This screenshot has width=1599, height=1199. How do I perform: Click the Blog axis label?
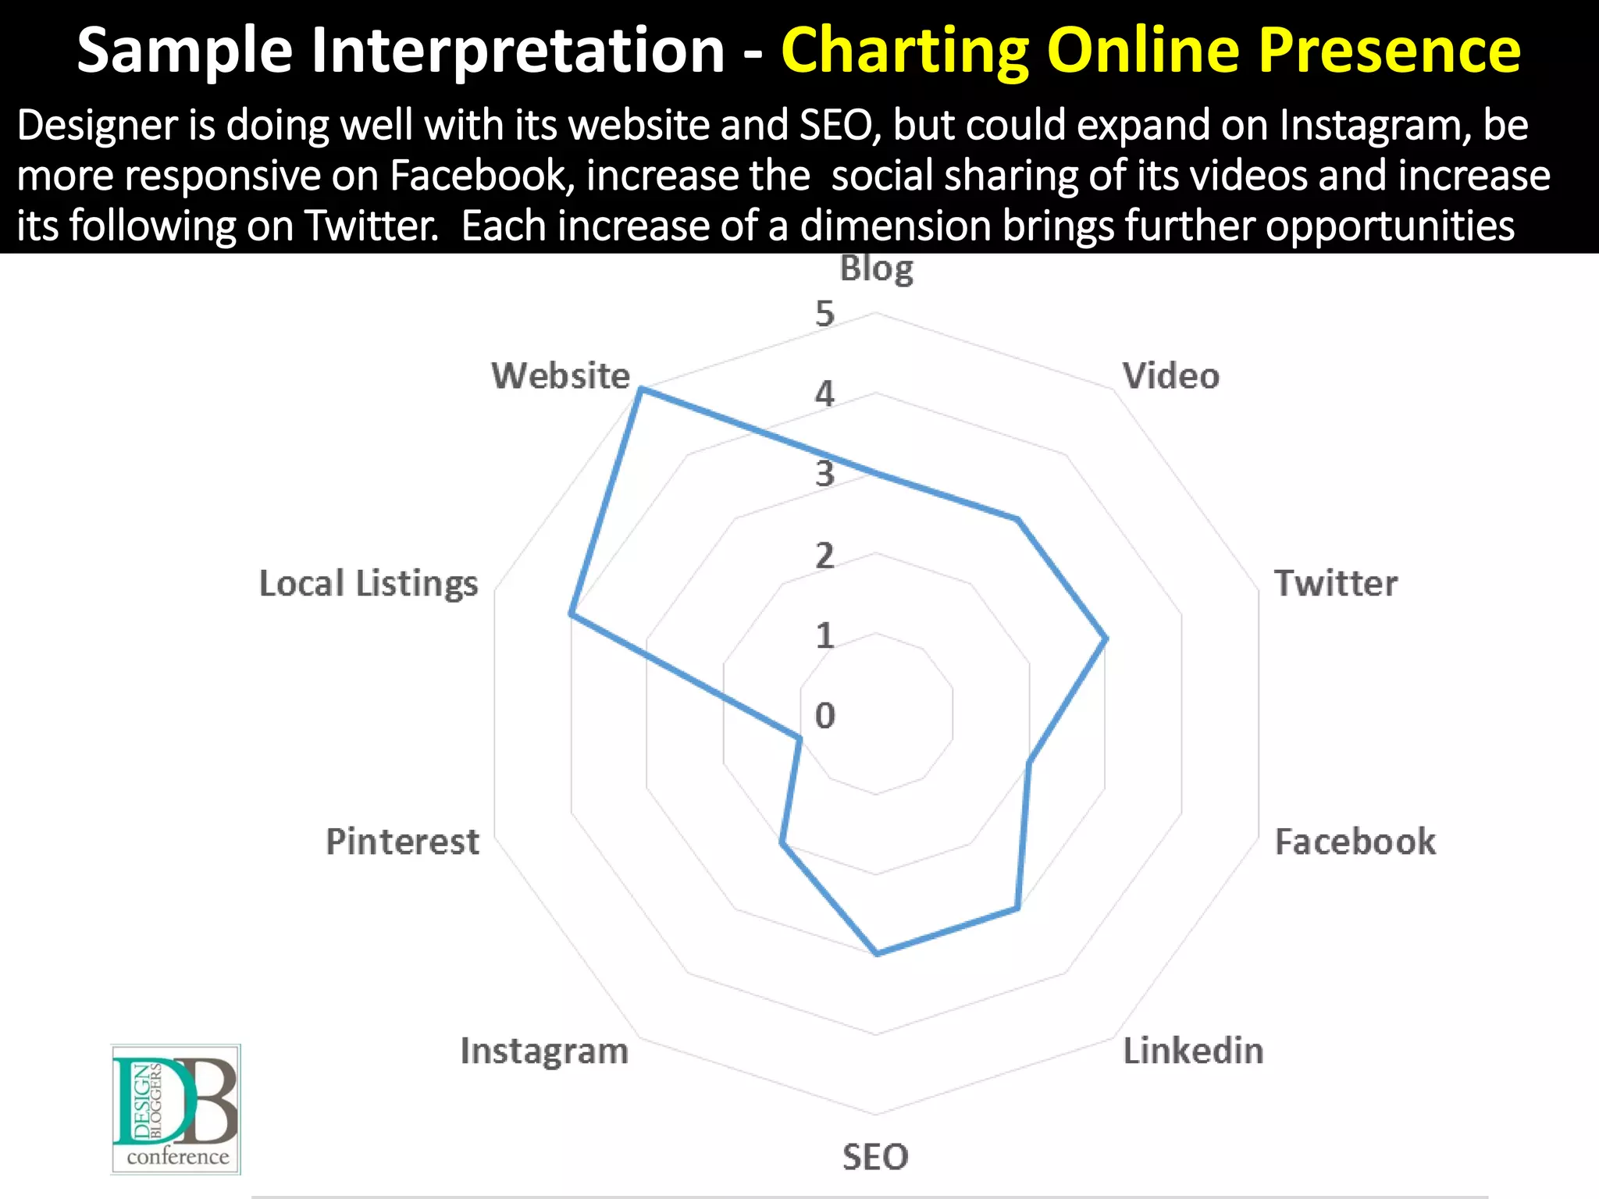pos(876,269)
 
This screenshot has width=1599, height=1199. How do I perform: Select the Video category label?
pos(1170,376)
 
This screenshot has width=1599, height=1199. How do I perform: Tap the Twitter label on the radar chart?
pos(1335,583)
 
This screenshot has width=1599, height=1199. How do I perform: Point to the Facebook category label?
pos(1355,841)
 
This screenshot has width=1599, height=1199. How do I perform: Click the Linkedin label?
pos(1193,1051)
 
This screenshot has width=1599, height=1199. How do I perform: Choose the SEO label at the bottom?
pos(875,1157)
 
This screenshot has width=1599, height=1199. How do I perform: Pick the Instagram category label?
pos(544,1051)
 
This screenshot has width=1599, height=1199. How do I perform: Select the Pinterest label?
pos(402,841)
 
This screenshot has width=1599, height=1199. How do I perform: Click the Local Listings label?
pos(369,583)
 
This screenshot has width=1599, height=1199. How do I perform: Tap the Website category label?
pos(561,375)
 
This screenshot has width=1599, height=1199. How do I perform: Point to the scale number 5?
pos(825,314)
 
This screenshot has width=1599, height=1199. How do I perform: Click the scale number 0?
pos(825,715)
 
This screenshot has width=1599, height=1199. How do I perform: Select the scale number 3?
pos(825,474)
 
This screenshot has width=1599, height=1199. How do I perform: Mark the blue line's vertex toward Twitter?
pos(1106,639)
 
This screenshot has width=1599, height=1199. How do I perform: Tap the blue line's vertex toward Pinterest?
pos(799,738)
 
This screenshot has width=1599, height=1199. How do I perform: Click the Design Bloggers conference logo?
pos(176,1109)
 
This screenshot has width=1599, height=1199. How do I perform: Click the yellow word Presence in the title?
pos(1390,50)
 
